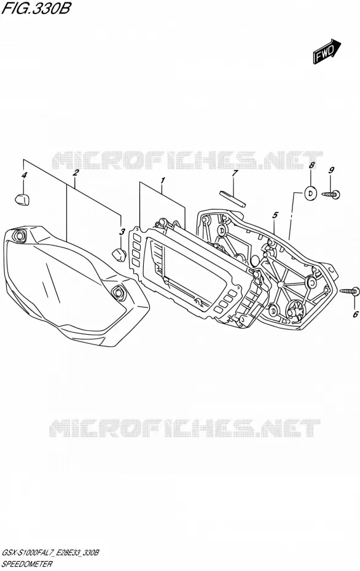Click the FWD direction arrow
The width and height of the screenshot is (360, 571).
326,52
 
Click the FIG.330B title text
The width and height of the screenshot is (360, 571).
36,9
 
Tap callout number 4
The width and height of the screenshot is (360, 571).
24,175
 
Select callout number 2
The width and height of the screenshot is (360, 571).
76,173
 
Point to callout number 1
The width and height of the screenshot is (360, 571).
163,180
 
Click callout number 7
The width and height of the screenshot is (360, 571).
235,173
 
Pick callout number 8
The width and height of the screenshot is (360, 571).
311,165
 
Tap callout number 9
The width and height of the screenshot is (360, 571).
331,169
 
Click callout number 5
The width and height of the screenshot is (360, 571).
275,216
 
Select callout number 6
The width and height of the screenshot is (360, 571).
356,314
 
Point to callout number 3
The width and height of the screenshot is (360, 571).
122,231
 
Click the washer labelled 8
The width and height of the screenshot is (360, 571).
310,193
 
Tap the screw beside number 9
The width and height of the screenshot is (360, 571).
331,195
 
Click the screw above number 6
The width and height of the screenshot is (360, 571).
349,291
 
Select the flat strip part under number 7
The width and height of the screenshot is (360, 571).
232,199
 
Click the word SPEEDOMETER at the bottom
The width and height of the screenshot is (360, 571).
27,564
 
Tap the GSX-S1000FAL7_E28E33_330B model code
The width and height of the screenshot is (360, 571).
50,553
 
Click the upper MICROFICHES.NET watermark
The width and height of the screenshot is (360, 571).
187,161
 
